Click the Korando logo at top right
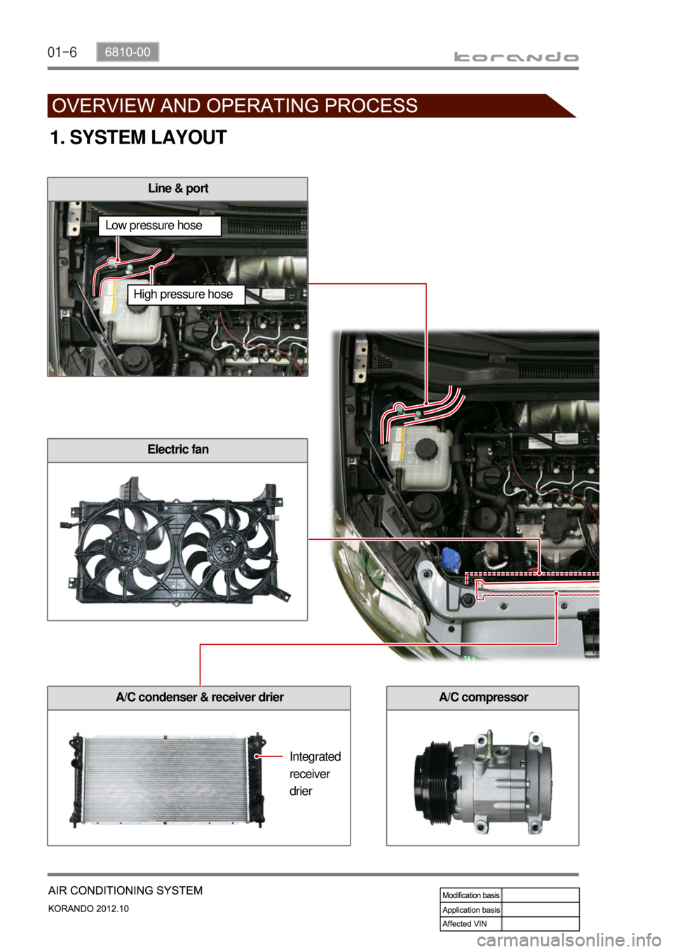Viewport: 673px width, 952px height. coord(516,57)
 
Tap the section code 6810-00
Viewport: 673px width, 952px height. coord(128,52)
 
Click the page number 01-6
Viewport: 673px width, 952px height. coord(62,53)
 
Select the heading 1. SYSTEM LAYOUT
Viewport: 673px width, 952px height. coord(138,137)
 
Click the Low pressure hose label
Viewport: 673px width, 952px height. coord(154,225)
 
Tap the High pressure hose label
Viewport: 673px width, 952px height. coord(183,294)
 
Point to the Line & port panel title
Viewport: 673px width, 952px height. coord(178,189)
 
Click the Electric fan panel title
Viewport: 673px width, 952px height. coord(178,449)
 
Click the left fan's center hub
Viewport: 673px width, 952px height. coord(125,550)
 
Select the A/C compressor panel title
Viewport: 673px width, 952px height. coord(484,697)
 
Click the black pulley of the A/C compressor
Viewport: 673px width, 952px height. coord(433,782)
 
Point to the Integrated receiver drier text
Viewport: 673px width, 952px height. coord(315,773)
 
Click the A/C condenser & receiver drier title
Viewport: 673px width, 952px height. coord(200,697)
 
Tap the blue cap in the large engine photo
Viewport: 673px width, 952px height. coord(451,559)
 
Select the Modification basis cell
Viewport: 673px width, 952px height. coord(471,895)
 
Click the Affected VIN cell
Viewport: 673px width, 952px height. coord(471,923)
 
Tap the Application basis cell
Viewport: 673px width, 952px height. coord(471,909)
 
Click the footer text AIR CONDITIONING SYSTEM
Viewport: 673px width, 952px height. coord(125,890)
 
